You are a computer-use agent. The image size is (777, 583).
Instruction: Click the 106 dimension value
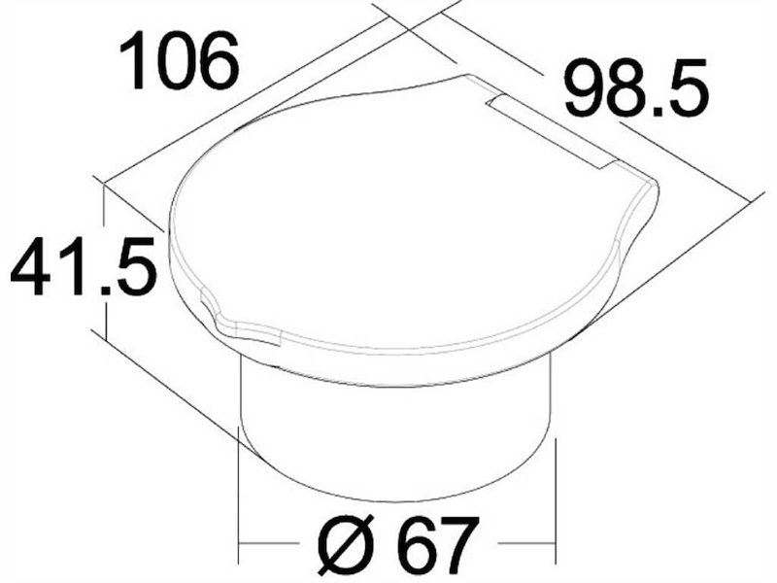pos(180,61)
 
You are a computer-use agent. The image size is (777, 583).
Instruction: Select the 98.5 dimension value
pos(637,89)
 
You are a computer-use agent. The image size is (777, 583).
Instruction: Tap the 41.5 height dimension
pos(84,266)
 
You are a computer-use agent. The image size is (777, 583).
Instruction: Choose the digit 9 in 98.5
pos(585,89)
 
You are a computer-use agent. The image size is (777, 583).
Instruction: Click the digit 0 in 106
pos(175,61)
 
